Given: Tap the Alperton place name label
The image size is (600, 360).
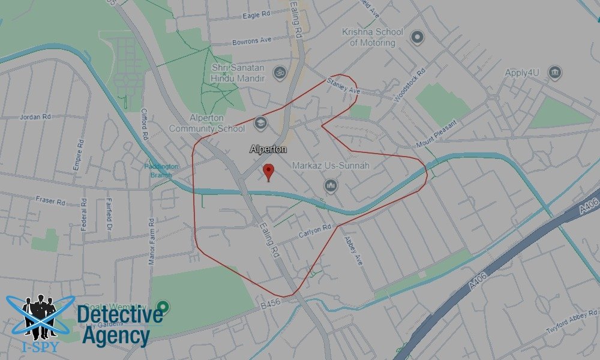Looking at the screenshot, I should coord(268,149).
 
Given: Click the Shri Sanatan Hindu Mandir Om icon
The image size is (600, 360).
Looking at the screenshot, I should coord(278,73).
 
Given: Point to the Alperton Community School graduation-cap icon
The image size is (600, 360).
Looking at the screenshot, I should coord(260,123).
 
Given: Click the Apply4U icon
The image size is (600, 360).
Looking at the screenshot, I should coord(555,73).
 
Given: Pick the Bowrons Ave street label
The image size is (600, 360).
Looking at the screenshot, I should coord(251,40).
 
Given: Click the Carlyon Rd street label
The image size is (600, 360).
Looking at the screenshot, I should coord(314,230).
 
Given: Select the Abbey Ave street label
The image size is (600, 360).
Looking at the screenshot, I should coord(353,250).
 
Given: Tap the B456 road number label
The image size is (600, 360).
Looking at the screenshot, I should coord(271,305).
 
